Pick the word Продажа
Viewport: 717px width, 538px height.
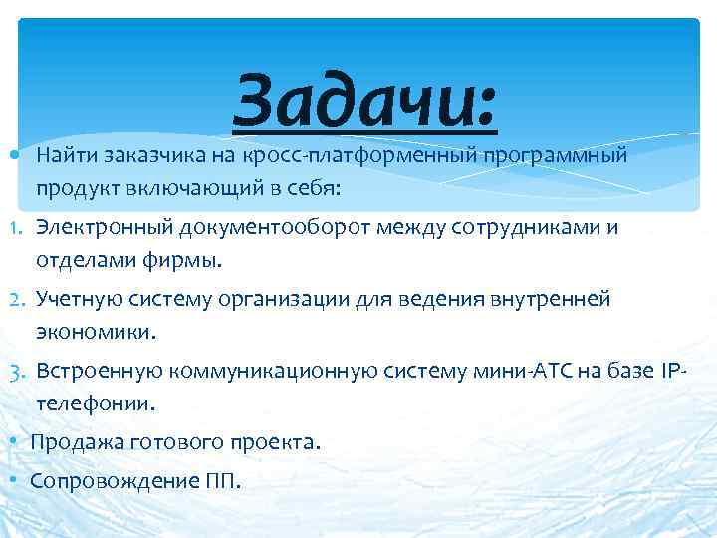(73, 442)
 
